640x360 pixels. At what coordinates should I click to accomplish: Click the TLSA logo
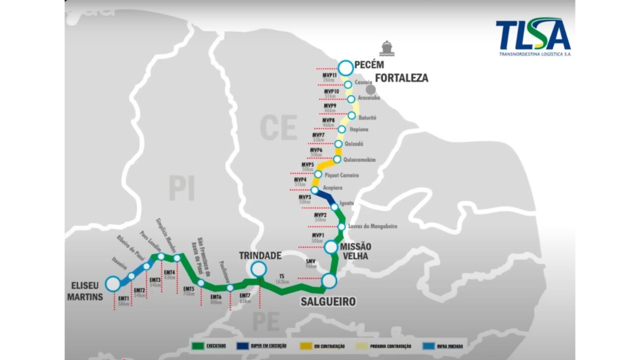[533, 37]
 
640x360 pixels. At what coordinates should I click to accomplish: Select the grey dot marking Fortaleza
[370, 90]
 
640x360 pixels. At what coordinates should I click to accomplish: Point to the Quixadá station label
[354, 144]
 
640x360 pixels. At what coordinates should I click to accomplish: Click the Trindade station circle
[258, 269]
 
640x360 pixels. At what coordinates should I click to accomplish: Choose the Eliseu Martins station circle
[113, 284]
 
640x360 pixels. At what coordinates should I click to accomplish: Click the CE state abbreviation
[278, 128]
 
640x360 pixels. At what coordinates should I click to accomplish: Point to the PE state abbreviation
[265, 321]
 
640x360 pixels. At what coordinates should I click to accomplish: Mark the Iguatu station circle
[334, 207]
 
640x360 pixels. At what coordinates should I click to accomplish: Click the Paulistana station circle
[230, 288]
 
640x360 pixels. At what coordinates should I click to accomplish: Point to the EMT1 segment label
[123, 299]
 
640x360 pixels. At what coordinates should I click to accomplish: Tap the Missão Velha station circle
[331, 246]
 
